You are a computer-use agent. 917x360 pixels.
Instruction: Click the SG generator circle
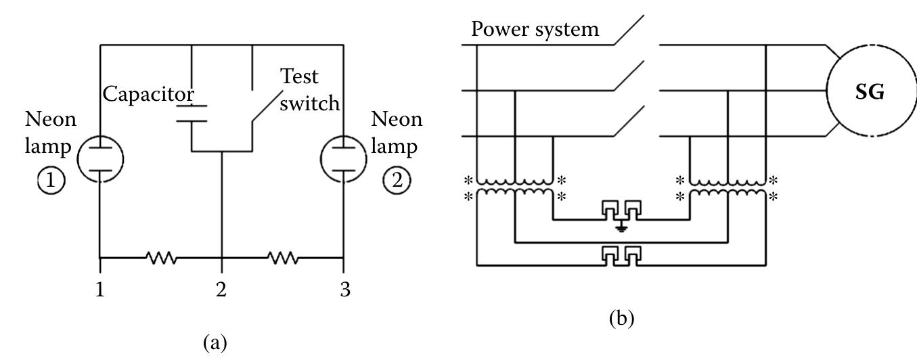pyautogui.click(x=869, y=93)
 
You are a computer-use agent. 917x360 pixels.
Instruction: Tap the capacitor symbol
pyautogui.click(x=192, y=113)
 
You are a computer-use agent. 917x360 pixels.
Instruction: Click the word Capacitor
pyautogui.click(x=149, y=94)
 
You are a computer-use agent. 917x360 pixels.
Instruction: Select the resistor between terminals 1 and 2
pyautogui.click(x=160, y=258)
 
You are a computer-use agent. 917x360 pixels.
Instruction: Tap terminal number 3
pyautogui.click(x=343, y=290)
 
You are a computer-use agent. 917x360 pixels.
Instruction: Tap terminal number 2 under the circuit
pyautogui.click(x=221, y=290)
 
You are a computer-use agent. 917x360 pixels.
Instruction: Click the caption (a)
pyautogui.click(x=222, y=343)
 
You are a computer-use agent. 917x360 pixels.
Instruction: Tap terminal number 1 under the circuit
pyautogui.click(x=100, y=290)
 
